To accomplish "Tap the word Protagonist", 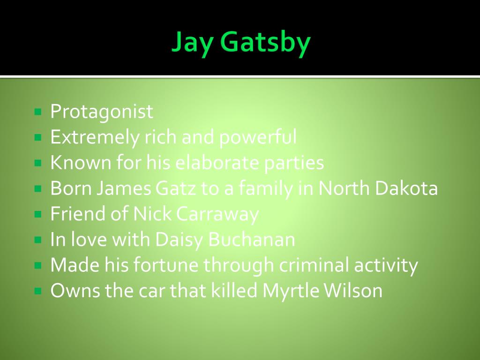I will (x=102, y=112).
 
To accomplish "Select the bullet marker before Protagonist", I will (x=38, y=112).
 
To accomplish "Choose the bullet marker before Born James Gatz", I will (x=38, y=189).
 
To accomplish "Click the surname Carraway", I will (x=217, y=214).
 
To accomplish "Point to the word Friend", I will (x=77, y=214).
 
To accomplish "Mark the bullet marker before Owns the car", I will (x=38, y=292).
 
